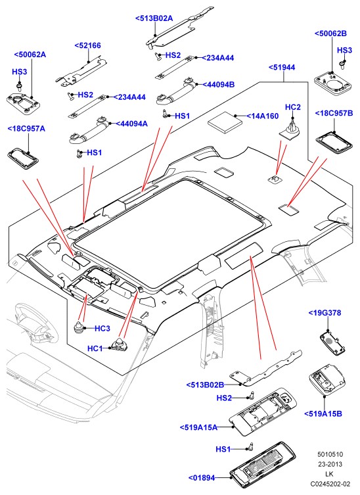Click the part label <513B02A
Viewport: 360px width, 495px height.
pos(154,18)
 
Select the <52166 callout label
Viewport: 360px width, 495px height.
pos(88,45)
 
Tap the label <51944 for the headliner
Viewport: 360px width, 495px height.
pos(282,67)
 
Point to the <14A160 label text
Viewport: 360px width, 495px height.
pos(263,116)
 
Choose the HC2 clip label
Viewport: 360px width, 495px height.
pos(293,107)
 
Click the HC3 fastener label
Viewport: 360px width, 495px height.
pos(102,329)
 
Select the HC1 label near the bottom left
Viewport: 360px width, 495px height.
pos(95,348)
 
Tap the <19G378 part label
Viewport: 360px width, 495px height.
pos(325,313)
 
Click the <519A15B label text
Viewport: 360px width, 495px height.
pos(323,413)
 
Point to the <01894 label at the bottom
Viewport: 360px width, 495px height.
pos(202,478)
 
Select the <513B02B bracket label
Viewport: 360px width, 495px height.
pos(205,385)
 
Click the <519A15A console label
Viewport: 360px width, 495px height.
pos(199,427)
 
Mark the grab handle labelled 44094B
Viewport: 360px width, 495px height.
pos(177,92)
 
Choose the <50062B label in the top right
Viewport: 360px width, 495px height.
pos(330,34)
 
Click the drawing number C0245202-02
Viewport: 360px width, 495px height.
pos(330,484)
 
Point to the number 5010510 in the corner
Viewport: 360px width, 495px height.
pos(330,454)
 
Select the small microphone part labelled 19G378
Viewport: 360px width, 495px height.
pos(332,341)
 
